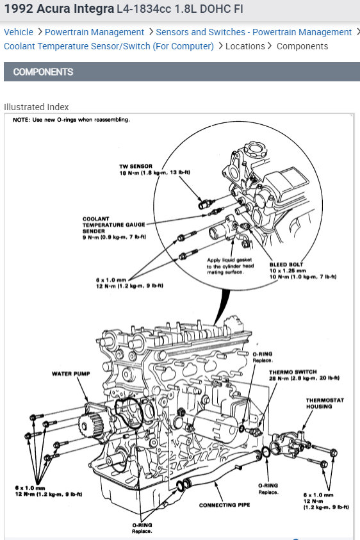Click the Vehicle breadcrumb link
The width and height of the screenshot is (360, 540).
[x=19, y=32]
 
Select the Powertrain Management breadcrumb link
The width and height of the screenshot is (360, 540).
[x=94, y=32]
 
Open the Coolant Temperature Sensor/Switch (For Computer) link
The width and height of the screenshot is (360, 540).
[x=109, y=46]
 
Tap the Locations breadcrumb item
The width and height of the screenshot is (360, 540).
[x=245, y=46]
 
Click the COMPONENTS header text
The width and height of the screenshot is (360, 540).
[x=43, y=72]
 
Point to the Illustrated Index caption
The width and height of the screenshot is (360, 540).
[x=36, y=107]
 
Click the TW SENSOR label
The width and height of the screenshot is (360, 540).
[x=136, y=166]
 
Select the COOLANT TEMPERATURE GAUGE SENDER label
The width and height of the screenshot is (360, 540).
[x=113, y=225]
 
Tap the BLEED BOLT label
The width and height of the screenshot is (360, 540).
[x=286, y=265]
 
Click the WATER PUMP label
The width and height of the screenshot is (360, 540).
[x=71, y=373]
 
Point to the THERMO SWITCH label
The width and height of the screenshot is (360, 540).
[x=293, y=372]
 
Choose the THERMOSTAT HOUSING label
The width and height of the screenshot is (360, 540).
[x=325, y=404]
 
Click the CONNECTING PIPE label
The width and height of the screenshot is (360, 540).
[x=225, y=505]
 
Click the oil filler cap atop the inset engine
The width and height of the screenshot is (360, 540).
[x=256, y=150]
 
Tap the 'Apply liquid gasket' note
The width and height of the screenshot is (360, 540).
[x=230, y=266]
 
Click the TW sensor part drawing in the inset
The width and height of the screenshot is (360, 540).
[x=206, y=204]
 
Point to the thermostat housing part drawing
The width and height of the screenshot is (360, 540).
[x=290, y=443]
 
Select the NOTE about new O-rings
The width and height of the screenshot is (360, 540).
[x=71, y=120]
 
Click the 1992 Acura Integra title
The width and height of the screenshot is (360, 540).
[x=59, y=8]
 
